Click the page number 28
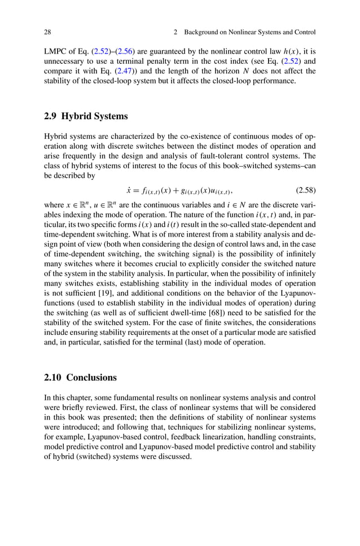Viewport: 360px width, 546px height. [x=48, y=32]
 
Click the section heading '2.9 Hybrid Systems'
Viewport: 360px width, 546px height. [x=86, y=117]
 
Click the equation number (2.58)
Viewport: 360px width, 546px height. [x=305, y=189]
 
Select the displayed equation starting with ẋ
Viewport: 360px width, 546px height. [x=180, y=190]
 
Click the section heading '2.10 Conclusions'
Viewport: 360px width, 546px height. [x=80, y=377]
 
